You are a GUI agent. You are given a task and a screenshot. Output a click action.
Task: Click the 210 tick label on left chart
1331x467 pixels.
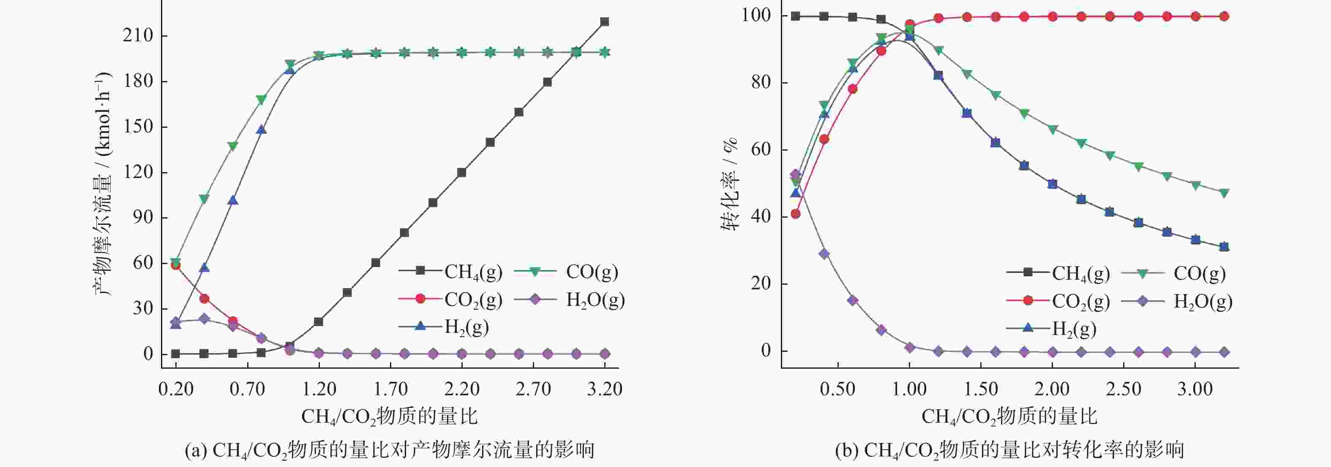(138, 35)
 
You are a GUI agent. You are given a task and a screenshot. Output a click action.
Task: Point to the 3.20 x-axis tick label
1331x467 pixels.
(604, 389)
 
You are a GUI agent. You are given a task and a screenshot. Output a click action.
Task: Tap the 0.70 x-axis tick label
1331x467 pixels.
(247, 389)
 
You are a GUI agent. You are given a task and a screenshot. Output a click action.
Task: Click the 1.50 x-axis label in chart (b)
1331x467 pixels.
(980, 389)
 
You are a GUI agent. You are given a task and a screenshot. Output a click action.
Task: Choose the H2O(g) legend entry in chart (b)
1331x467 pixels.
(1178, 301)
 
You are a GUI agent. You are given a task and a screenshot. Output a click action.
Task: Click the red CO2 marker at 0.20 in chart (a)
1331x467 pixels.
(176, 265)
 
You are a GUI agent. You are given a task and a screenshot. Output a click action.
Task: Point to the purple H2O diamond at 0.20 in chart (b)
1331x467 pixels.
(796, 174)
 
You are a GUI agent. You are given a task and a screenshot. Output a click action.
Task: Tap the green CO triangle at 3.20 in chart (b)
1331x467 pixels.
(1224, 193)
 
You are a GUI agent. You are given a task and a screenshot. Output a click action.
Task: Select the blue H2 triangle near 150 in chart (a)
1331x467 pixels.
(262, 130)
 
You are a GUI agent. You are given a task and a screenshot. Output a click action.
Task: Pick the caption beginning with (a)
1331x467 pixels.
(390, 451)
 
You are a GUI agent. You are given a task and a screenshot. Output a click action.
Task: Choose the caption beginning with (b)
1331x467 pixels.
(1009, 451)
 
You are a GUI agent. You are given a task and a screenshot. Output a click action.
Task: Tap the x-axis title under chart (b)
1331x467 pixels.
(1009, 416)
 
